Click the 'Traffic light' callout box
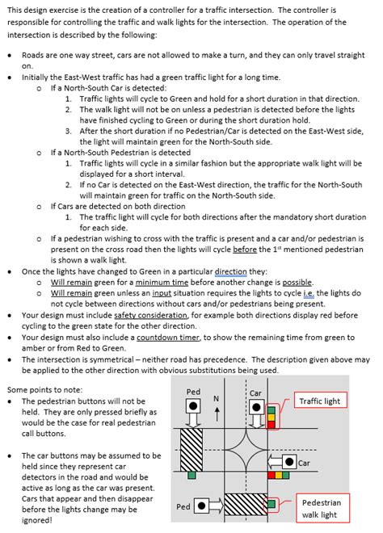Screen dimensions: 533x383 321,401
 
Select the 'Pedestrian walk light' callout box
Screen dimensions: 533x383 321,508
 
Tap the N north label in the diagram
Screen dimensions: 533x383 216,399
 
